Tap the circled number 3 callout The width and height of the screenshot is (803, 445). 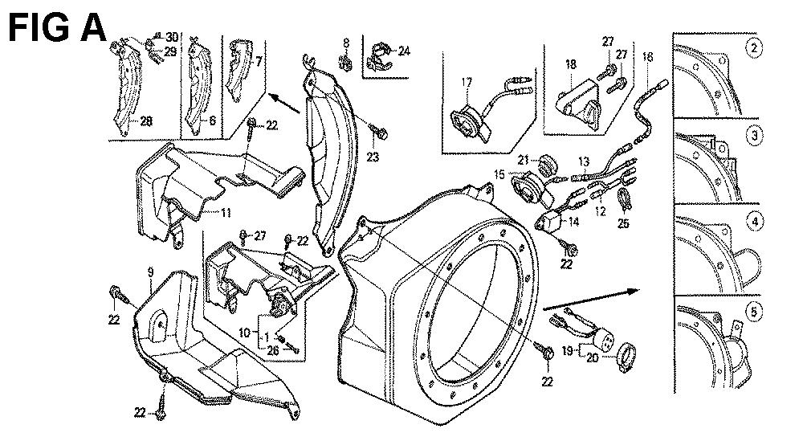pyautogui.click(x=752, y=136)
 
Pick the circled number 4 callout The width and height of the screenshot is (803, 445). pyautogui.click(x=752, y=222)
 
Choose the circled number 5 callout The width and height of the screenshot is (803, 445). pyautogui.click(x=752, y=311)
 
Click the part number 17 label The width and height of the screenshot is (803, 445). pyautogui.click(x=467, y=81)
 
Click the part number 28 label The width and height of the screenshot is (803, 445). pyautogui.click(x=146, y=122)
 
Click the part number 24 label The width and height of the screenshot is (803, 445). pyautogui.click(x=403, y=51)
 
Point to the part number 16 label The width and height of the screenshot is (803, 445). pyautogui.click(x=648, y=56)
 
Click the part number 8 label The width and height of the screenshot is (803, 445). pyautogui.click(x=346, y=42)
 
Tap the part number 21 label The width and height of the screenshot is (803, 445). pyautogui.click(x=521, y=159)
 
